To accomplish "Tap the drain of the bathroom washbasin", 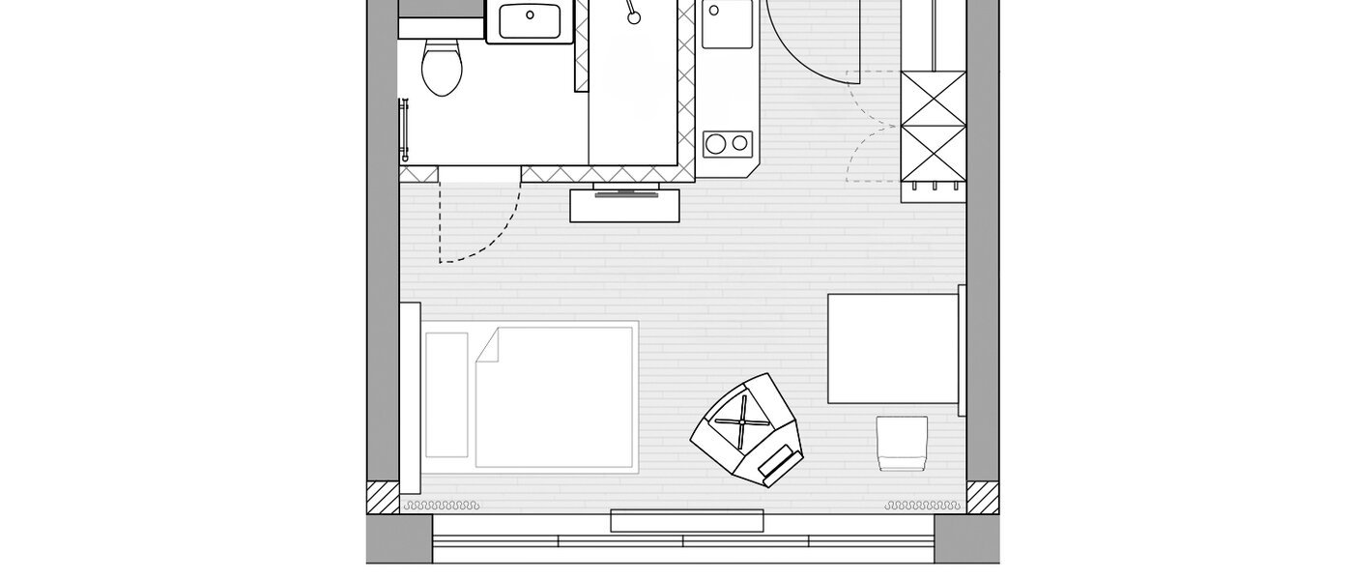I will (531, 15).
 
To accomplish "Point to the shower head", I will (633, 16).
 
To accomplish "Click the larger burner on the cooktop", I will (716, 144).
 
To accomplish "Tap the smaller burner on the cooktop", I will (740, 143).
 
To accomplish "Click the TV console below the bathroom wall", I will (625, 206).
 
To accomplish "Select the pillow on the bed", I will (446, 394).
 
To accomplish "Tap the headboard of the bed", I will (411, 396).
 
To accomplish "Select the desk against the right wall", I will (892, 348).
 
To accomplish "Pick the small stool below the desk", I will (902, 443).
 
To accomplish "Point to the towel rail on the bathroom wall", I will (405, 130).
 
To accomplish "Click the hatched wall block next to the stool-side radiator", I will (982, 497).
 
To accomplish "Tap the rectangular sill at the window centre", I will (687, 521).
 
